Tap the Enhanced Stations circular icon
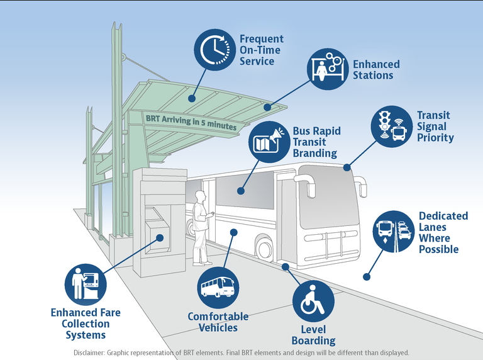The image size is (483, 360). pos(327,68)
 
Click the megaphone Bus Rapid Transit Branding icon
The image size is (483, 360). pos(269,142)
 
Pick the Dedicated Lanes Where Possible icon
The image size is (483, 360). pos(394,230)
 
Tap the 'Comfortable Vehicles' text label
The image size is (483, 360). pos(218,322)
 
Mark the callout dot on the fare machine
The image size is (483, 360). pos(160,238)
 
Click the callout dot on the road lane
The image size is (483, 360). pos(366,276)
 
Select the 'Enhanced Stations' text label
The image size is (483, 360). pos(375,70)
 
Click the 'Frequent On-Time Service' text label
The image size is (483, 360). pos(261,50)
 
